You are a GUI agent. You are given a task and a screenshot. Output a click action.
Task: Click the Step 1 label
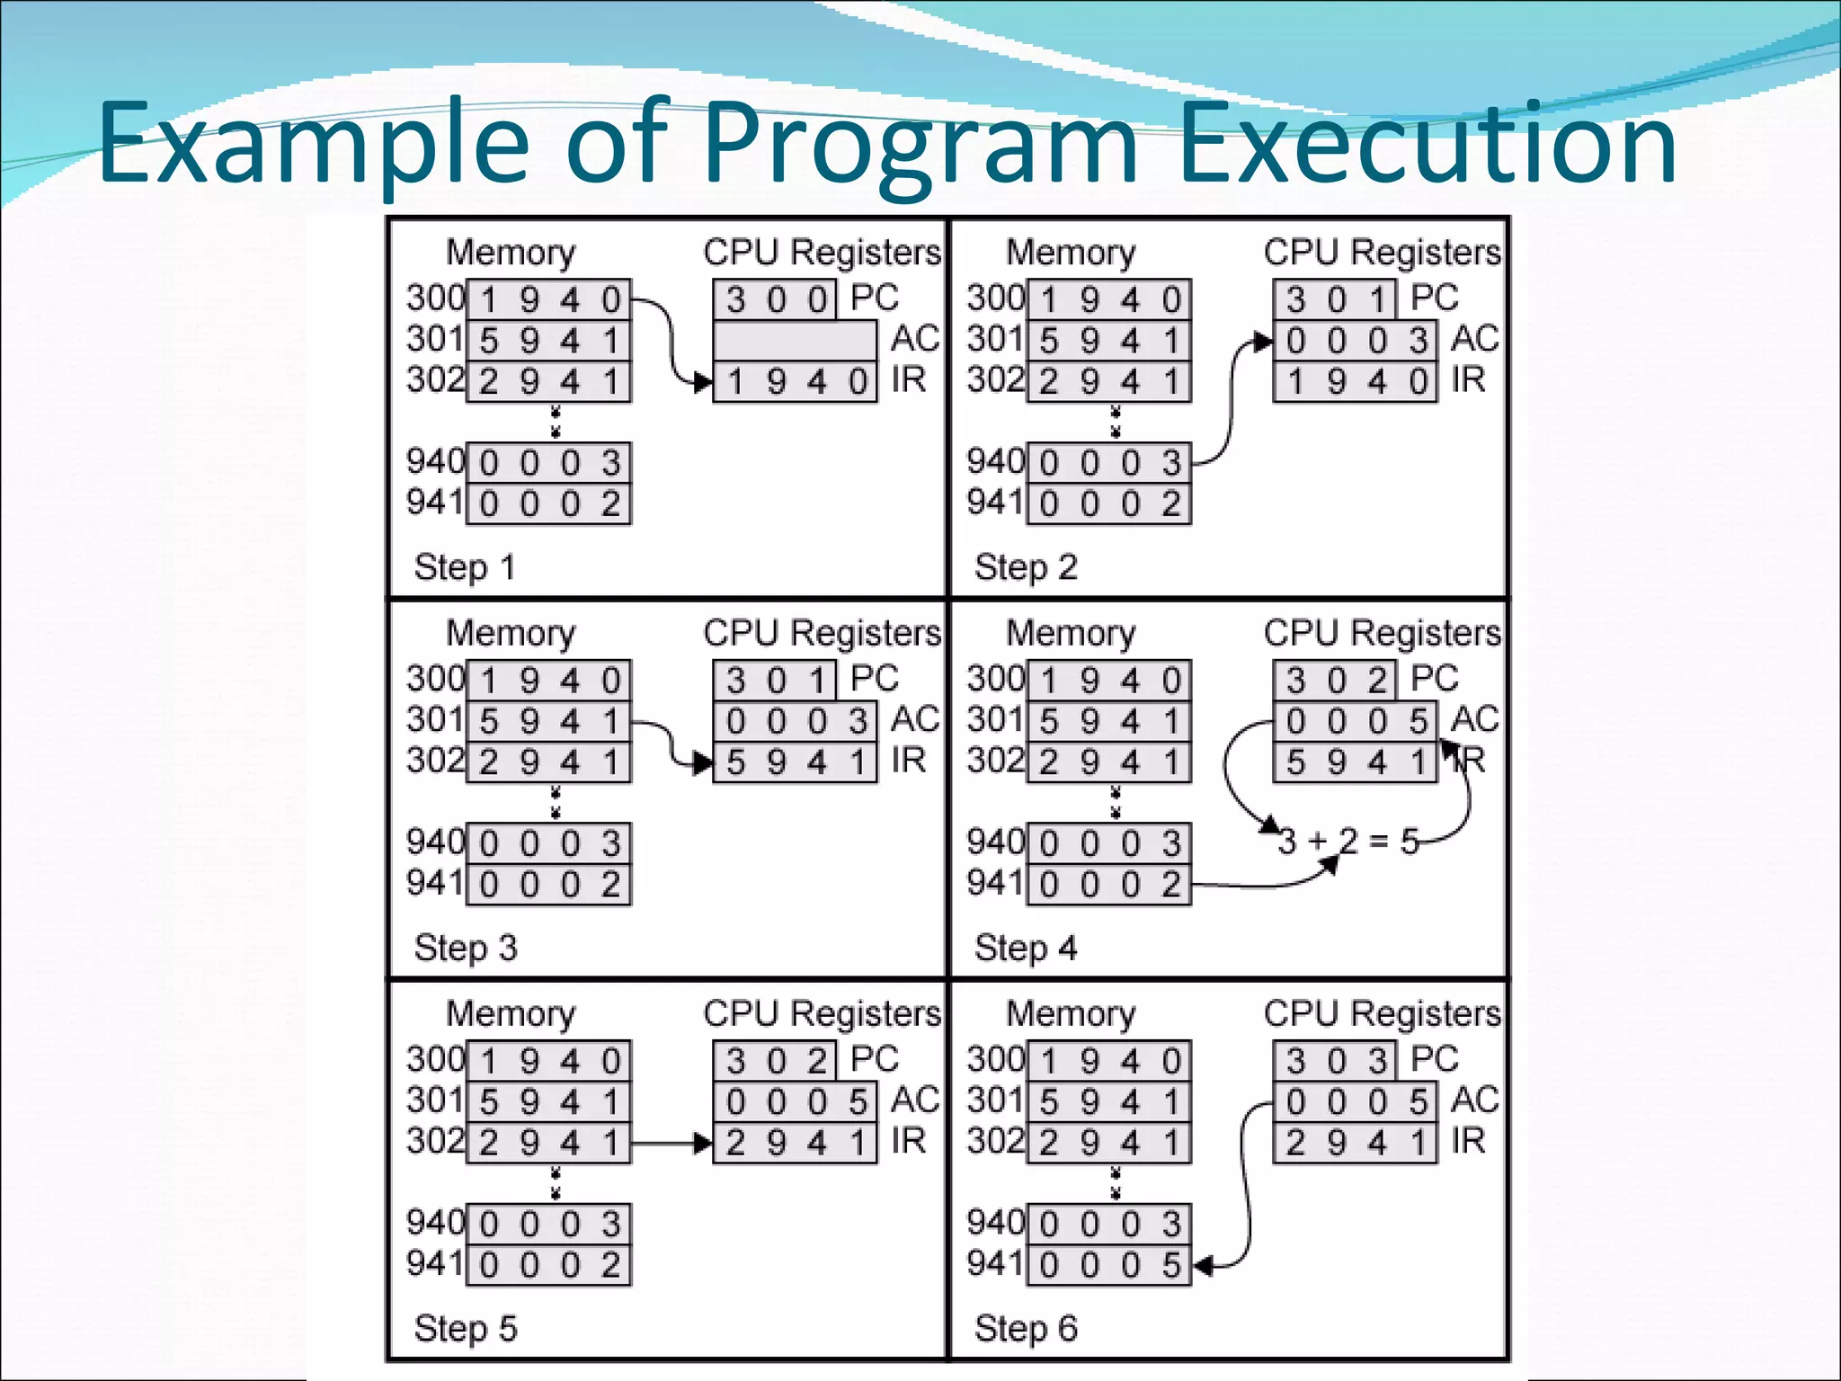pyautogui.click(x=464, y=568)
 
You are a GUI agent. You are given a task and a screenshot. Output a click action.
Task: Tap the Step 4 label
pyautogui.click(x=1025, y=949)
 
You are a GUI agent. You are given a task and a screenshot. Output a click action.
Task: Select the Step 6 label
pyautogui.click(x=1025, y=1329)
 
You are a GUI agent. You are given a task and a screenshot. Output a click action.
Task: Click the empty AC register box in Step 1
pyautogui.click(x=795, y=341)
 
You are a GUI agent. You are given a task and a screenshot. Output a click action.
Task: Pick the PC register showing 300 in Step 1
pyautogui.click(x=775, y=299)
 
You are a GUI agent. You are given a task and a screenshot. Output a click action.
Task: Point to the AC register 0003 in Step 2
pyautogui.click(x=1355, y=341)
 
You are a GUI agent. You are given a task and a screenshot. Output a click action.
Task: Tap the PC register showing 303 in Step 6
pyautogui.click(x=1335, y=1061)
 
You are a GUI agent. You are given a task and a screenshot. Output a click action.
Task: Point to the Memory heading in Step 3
pyautogui.click(x=511, y=634)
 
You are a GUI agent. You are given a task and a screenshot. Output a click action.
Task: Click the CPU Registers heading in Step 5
pyautogui.click(x=822, y=1014)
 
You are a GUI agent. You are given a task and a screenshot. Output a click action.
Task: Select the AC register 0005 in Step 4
pyautogui.click(x=1355, y=721)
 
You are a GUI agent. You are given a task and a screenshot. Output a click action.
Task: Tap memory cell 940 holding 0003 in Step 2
pyautogui.click(x=1108, y=463)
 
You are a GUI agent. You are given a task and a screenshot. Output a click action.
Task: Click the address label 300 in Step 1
pyautogui.click(x=435, y=298)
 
